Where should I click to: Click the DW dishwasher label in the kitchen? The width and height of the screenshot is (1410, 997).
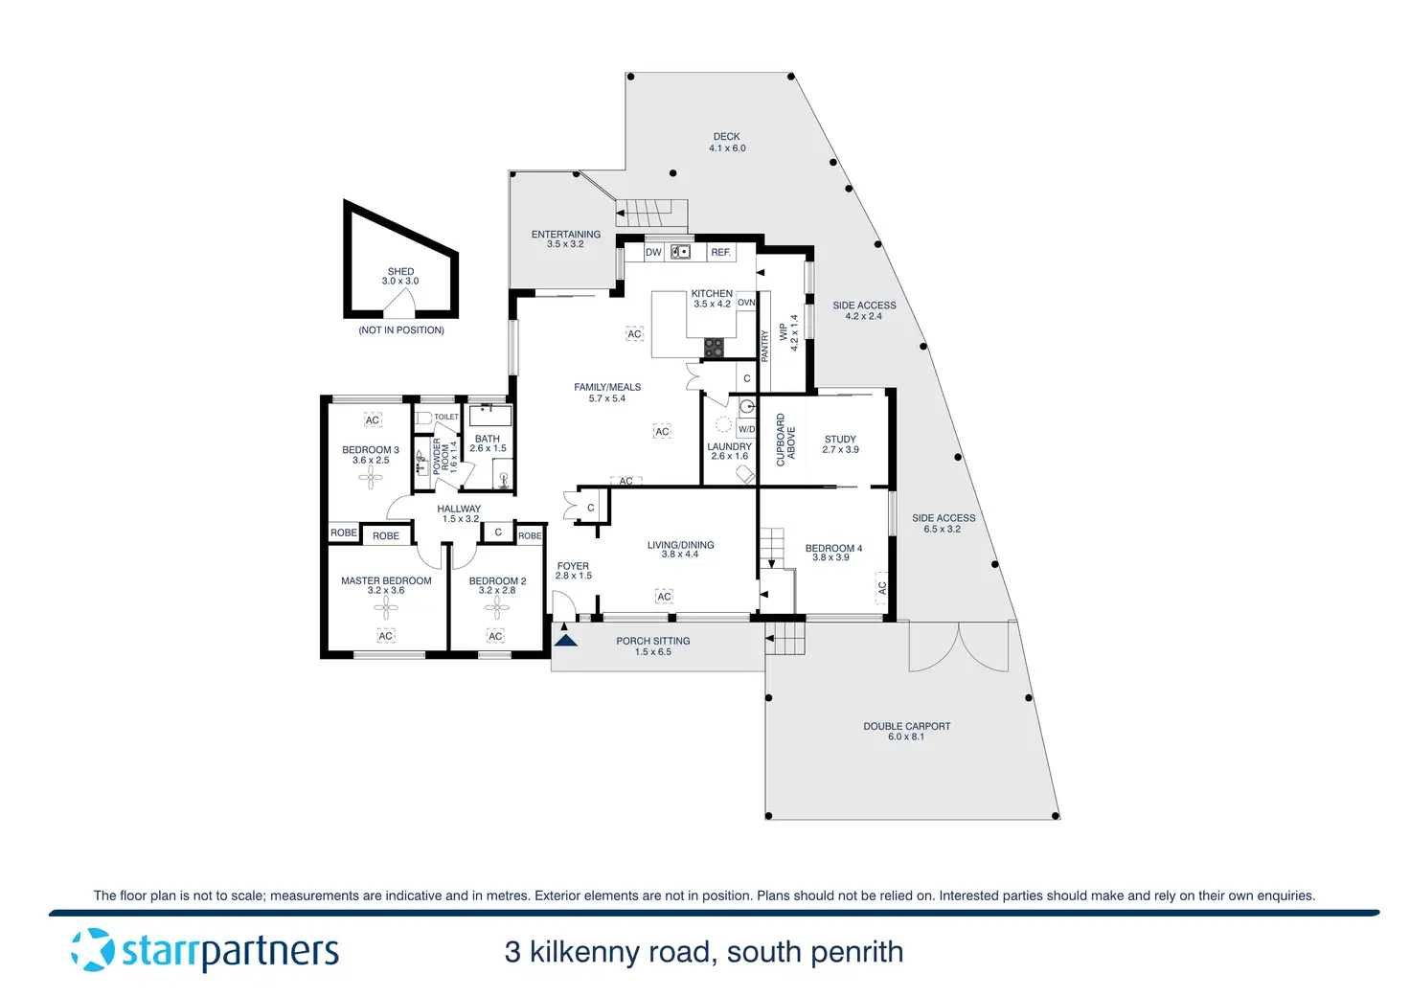tap(653, 253)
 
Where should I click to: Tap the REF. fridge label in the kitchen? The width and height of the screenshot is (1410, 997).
tap(720, 253)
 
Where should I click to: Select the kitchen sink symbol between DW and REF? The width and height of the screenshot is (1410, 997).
tap(680, 252)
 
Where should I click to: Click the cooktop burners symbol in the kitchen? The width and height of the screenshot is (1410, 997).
tap(714, 348)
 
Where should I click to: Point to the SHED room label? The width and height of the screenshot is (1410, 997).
tap(400, 272)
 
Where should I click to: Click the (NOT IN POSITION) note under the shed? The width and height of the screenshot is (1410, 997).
tap(401, 330)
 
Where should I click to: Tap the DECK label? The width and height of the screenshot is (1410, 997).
tap(727, 137)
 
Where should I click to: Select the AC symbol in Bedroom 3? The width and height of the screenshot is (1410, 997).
tap(373, 420)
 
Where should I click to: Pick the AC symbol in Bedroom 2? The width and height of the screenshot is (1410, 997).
tap(495, 636)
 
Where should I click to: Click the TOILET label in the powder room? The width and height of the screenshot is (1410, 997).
tap(446, 417)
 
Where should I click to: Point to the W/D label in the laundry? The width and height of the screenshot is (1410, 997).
tap(746, 429)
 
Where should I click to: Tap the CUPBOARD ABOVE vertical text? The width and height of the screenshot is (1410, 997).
tap(785, 440)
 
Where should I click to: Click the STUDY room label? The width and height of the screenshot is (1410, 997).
tap(840, 440)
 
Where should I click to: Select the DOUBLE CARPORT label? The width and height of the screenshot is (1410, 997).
tap(906, 726)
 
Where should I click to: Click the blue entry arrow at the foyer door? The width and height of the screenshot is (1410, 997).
tap(566, 637)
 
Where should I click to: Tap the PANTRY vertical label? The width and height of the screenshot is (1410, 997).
tap(765, 345)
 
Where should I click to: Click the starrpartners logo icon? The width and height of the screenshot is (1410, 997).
tap(93, 950)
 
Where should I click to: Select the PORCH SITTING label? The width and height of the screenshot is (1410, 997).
tap(652, 642)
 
